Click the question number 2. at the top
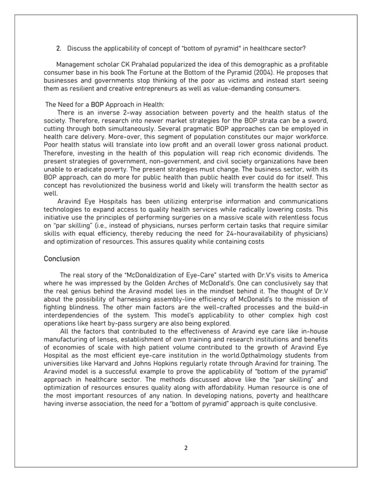click(x=58, y=47)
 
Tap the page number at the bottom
click(x=185, y=448)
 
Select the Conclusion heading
click(x=62, y=259)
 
